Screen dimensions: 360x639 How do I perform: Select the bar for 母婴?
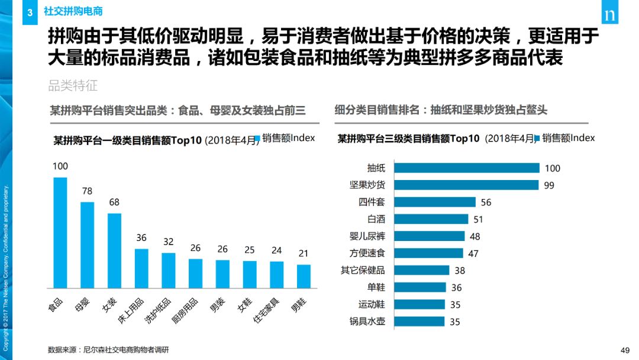(88, 245)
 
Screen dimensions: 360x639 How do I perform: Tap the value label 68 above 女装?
(114, 202)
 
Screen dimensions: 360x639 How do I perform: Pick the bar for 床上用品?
(141, 268)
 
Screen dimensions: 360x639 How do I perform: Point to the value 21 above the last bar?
(304, 253)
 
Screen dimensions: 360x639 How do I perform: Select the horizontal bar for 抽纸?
(466, 168)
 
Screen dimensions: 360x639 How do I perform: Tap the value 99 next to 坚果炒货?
(549, 185)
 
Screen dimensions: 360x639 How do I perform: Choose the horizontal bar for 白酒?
(431, 219)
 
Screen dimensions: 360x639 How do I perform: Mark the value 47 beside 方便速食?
(473, 253)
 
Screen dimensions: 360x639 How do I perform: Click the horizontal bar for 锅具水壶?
(419, 322)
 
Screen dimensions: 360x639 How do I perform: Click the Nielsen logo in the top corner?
(609, 16)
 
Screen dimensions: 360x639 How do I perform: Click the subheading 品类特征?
(73, 86)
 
